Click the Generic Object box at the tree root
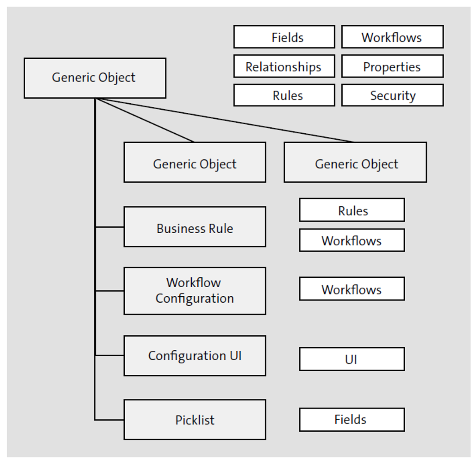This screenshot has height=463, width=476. point(95,78)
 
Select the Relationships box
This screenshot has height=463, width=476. point(284,66)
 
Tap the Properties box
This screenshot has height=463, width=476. point(392,66)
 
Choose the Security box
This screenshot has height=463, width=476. point(392,95)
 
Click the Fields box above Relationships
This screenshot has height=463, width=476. point(284,37)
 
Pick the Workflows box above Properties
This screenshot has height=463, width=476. point(392,37)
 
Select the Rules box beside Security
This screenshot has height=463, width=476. point(284,95)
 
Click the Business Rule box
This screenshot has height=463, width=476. point(195,227)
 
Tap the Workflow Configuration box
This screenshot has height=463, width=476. point(195,291)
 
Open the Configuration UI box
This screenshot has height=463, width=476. point(195,355)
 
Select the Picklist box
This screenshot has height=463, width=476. point(195,420)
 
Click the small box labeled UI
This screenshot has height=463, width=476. point(352,359)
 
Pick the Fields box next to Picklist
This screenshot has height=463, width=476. point(352,420)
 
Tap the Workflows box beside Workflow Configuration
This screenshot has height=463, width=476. point(352,289)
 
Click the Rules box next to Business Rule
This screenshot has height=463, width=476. point(352,210)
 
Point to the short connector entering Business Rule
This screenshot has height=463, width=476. point(110,227)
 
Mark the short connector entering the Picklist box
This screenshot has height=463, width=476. point(110,420)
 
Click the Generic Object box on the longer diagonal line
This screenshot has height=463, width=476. point(355,162)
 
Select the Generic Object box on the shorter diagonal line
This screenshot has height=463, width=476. point(195,162)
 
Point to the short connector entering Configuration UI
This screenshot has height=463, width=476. point(110,355)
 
